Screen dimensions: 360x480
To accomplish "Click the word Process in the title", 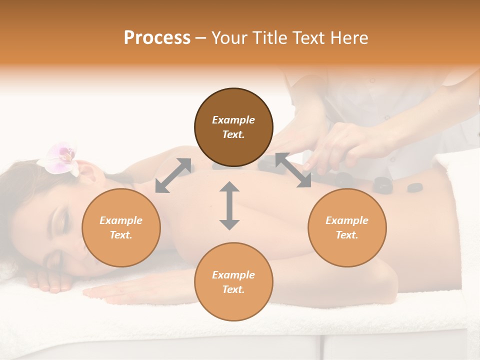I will coord(157,37).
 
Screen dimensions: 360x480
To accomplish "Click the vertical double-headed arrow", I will coord(229,205).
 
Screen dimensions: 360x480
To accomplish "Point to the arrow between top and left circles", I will coord(173,175).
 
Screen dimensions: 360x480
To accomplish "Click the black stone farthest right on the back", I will coord(414,188).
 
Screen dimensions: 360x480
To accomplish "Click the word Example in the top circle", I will coord(233,120).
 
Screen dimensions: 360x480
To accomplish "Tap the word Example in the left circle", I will coord(121,220).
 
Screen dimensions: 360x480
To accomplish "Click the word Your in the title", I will coord(229,37).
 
